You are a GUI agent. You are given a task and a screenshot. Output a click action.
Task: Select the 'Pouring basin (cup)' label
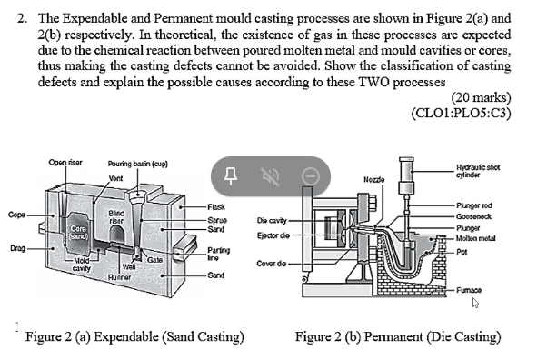click(134, 162)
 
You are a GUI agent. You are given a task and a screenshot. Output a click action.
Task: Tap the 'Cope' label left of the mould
click(16, 215)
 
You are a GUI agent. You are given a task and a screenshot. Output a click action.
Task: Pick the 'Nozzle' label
click(373, 180)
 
